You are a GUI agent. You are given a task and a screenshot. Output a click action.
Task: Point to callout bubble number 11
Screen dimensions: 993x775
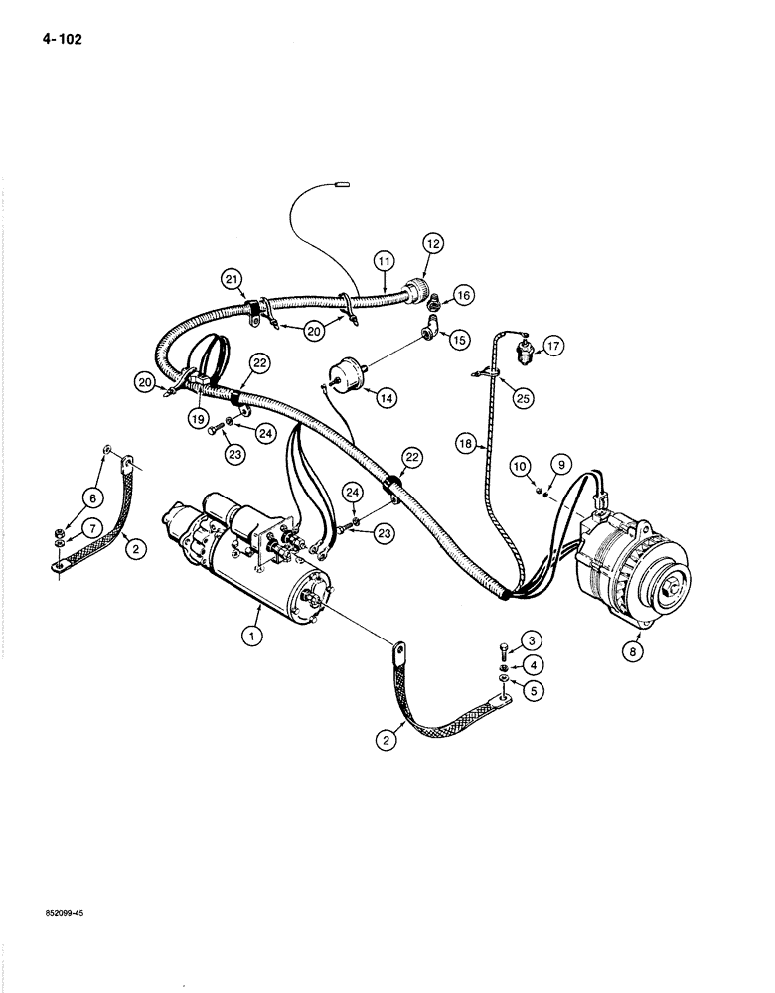[x=386, y=261]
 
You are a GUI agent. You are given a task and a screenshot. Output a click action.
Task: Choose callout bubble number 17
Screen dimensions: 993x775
[x=553, y=346]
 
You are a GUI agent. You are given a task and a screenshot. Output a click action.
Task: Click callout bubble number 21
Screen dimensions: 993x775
[x=232, y=280]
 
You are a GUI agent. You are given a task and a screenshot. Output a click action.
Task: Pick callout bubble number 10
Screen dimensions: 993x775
[x=520, y=465]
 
